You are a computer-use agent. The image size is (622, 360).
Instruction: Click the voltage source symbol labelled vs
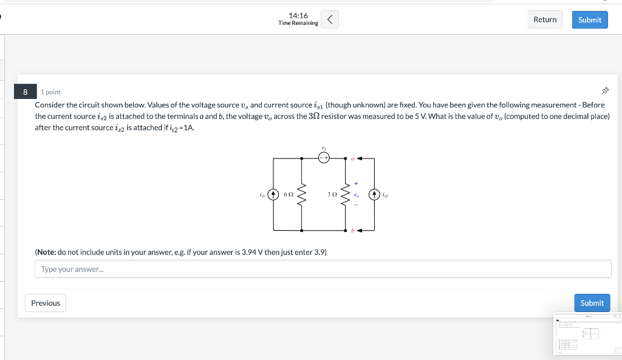324,158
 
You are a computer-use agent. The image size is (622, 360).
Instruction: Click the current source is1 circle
273,195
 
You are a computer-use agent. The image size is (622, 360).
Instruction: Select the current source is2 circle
374,195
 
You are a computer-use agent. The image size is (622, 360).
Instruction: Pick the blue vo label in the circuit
357,195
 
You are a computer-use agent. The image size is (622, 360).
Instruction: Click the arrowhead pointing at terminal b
360,231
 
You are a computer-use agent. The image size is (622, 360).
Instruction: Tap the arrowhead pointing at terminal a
360,158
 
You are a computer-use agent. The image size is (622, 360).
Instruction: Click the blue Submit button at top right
589,19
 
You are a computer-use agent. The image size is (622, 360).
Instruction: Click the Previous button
46,303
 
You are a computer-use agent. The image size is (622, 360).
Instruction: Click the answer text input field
323,269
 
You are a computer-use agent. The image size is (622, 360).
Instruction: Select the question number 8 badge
26,92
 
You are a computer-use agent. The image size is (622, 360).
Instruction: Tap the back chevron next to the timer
329,19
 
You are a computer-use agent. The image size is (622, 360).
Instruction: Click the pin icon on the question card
604,91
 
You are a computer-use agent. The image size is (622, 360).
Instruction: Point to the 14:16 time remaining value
298,15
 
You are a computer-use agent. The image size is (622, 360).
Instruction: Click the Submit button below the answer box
592,303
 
